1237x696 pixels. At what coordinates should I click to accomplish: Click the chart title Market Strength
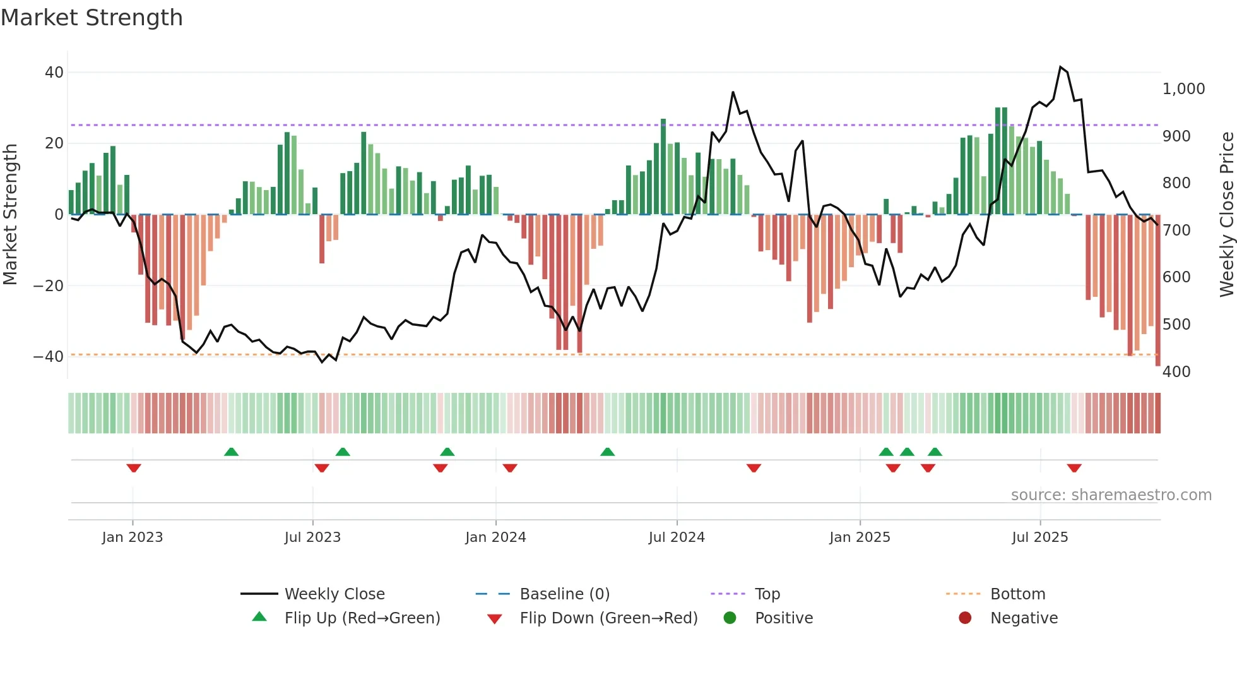[92, 18]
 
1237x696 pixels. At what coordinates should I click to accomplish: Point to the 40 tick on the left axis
[54, 73]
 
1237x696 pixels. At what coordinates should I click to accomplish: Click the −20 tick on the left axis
[49, 285]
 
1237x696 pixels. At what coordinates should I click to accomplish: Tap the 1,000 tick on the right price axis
[1183, 89]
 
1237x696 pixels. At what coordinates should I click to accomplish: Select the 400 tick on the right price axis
[1176, 371]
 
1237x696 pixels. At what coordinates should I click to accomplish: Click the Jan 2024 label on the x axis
[495, 537]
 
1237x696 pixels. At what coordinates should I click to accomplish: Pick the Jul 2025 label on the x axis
[1039, 537]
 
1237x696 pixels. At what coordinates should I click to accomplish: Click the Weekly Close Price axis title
[1226, 215]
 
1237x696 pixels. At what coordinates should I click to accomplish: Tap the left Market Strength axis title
[11, 215]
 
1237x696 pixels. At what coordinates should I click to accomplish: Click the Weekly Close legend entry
[334, 594]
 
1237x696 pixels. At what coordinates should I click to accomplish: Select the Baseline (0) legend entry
[564, 594]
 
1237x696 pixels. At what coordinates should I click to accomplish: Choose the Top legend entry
[767, 594]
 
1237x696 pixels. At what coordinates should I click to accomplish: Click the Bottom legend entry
[1017, 594]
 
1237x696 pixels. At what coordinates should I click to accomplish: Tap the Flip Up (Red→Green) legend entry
[362, 618]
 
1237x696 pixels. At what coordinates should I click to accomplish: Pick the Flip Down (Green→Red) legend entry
[608, 618]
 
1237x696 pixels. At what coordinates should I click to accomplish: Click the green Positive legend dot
[730, 618]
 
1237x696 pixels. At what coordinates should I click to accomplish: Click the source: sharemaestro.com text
[1111, 495]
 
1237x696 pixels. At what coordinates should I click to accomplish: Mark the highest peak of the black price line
[1060, 67]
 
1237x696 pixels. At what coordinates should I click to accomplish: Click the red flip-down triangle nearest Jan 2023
[133, 468]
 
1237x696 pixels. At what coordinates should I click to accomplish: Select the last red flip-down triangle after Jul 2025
[1074, 468]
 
